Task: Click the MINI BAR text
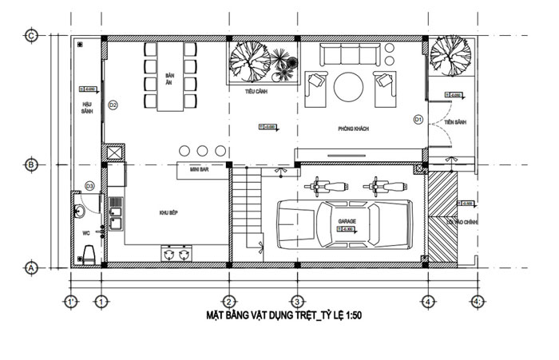pyautogui.click(x=200, y=170)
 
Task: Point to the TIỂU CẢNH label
pyautogui.click(x=256, y=92)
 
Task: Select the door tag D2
pyautogui.click(x=113, y=105)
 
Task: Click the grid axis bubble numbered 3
pyautogui.click(x=295, y=302)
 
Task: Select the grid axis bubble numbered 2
pyautogui.click(x=228, y=302)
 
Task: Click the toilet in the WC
pyautogui.click(x=89, y=255)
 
